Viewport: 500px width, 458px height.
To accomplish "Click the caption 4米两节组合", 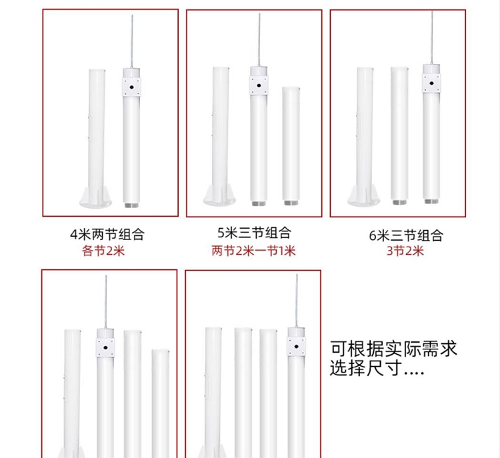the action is point(107,235).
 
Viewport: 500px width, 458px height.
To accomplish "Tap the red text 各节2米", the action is point(103,251).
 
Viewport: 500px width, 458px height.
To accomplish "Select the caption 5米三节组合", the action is point(254,233).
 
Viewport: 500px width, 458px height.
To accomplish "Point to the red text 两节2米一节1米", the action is point(253,251).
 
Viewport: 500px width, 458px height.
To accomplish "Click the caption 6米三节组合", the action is point(406,235).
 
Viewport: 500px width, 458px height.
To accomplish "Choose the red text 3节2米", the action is point(405,251).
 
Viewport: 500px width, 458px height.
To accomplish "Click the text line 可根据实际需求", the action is point(393,349).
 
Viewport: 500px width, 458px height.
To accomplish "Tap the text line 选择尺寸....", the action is point(377,368).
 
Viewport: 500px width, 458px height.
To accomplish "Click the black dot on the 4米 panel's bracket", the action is point(131,87).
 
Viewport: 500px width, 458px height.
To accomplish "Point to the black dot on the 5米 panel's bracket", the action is point(259,85).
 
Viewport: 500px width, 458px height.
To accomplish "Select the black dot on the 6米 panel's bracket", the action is point(431,83).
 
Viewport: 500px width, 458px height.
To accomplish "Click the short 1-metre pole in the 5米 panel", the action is point(291,145).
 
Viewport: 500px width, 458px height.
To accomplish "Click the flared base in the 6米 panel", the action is point(364,195).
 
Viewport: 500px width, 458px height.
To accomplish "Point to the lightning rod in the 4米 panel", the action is point(132,41).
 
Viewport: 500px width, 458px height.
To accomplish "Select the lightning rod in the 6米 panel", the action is point(432,37).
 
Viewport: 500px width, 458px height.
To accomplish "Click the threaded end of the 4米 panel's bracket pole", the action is point(131,205).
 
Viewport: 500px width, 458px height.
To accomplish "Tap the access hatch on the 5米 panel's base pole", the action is point(215,125).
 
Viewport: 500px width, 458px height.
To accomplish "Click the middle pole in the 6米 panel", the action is point(399,135).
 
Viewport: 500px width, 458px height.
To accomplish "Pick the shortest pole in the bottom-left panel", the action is point(161,403).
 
